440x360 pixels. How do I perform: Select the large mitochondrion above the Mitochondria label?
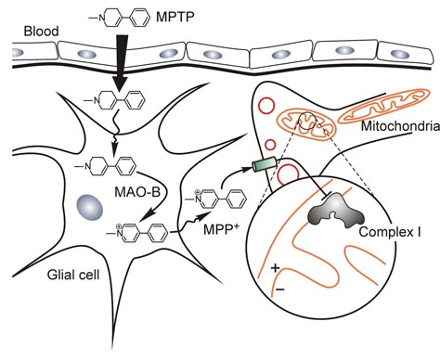[x=382, y=122]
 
